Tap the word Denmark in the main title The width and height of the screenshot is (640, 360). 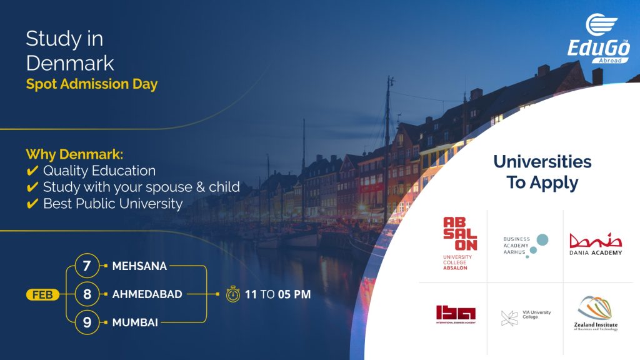click(70, 62)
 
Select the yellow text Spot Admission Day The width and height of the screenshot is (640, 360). click(92, 84)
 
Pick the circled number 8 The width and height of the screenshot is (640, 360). click(87, 294)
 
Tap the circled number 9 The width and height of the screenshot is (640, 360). click(87, 322)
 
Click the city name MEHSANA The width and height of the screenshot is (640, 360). click(139, 266)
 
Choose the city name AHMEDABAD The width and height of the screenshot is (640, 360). click(147, 294)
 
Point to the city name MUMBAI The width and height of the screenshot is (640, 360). click(135, 322)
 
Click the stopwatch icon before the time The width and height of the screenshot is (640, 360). click(233, 294)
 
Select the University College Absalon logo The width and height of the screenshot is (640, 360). click(460, 243)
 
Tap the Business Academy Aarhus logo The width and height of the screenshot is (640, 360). click(525, 246)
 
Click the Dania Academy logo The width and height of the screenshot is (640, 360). click(596, 244)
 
